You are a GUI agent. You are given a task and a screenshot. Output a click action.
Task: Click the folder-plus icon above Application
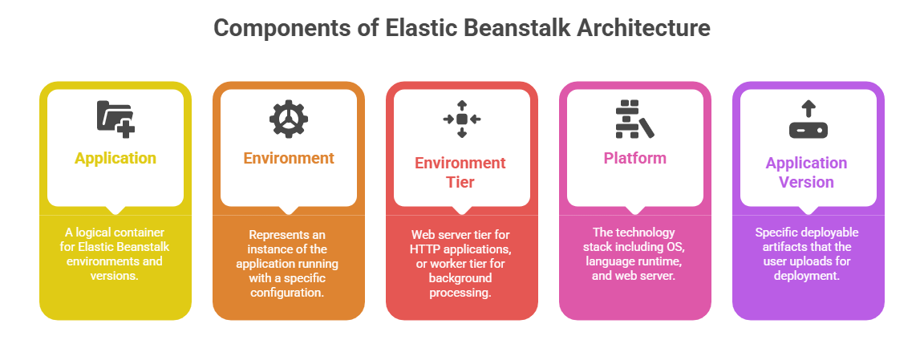(x=115, y=117)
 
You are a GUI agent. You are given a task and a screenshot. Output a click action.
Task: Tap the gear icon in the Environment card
(x=289, y=118)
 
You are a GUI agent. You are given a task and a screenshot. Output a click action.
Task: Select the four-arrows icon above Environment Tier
(x=462, y=119)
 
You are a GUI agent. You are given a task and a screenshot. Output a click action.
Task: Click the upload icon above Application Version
(x=808, y=119)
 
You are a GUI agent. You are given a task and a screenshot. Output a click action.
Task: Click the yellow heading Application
(x=115, y=158)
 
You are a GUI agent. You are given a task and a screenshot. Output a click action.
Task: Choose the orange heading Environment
(x=289, y=158)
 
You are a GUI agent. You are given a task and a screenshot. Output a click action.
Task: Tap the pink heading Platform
(x=634, y=158)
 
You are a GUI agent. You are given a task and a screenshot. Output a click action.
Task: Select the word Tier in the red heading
(x=460, y=182)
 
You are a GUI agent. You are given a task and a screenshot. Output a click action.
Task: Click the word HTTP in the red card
(x=425, y=249)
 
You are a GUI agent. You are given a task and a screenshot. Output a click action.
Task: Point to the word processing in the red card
(x=462, y=293)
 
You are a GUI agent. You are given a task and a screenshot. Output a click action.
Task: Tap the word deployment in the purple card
(x=808, y=276)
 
